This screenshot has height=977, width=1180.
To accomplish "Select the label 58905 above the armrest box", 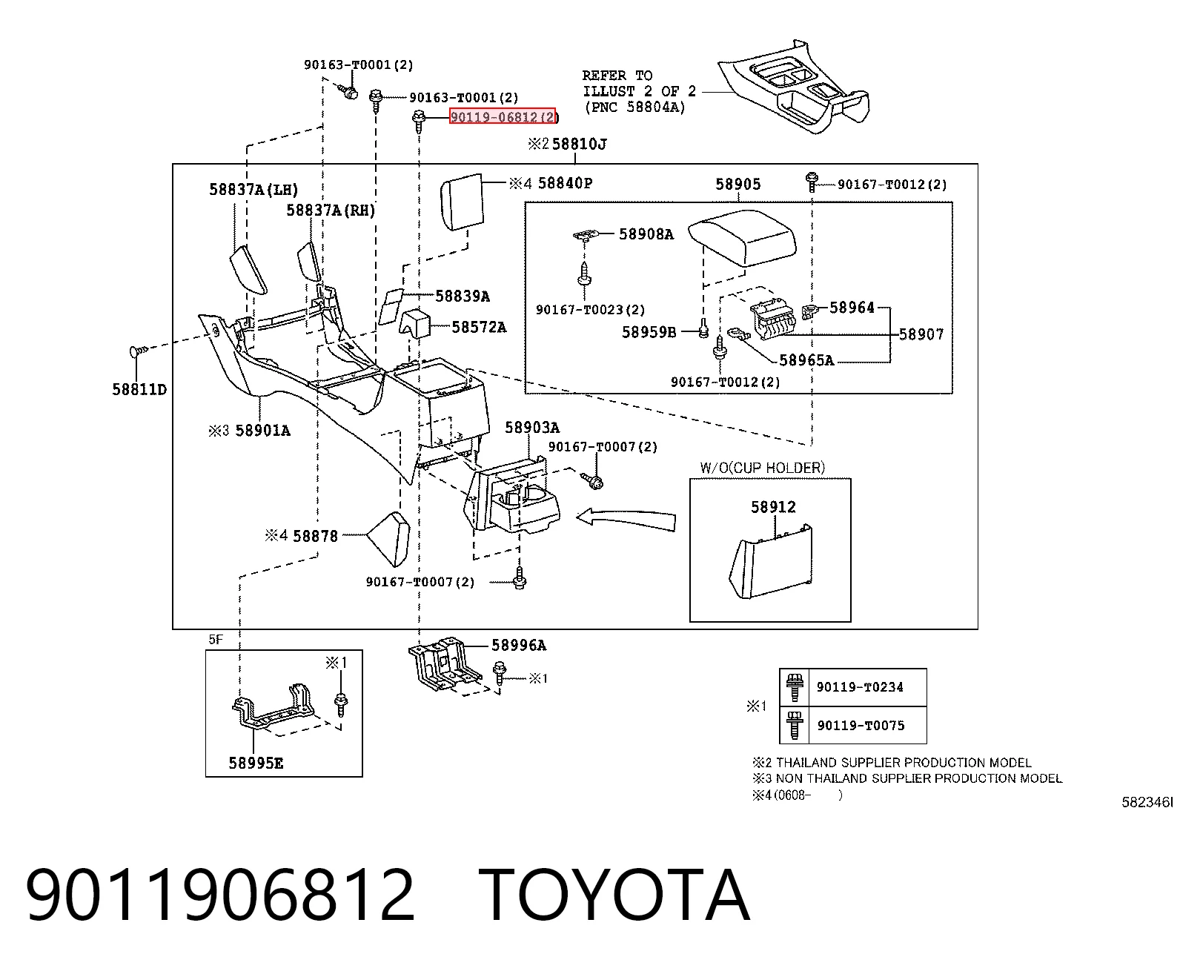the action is click(x=738, y=184).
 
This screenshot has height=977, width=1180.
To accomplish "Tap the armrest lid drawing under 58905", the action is click(x=742, y=236).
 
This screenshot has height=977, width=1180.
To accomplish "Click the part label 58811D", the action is click(x=139, y=390).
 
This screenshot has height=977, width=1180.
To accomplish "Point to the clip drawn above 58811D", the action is click(x=139, y=351).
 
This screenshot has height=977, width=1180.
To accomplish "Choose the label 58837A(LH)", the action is click(x=253, y=190).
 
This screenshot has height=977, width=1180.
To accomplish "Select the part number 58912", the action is click(x=773, y=506).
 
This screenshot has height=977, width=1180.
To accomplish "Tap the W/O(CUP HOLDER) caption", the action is click(x=763, y=468).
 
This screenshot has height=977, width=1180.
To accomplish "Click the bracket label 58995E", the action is click(x=256, y=764).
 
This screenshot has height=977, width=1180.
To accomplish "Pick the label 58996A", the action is click(x=519, y=645).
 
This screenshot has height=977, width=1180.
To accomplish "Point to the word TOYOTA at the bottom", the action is click(x=614, y=895).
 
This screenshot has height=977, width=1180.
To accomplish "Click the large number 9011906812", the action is click(x=220, y=895).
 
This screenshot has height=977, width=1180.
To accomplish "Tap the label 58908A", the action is click(x=646, y=234).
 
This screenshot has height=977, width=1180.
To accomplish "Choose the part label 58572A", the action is click(x=480, y=328).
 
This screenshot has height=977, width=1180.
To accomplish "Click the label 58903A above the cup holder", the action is click(x=532, y=428).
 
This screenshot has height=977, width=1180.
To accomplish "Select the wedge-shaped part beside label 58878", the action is click(x=389, y=540).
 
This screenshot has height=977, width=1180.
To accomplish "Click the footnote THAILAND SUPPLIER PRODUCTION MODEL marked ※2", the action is click(x=892, y=763).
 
